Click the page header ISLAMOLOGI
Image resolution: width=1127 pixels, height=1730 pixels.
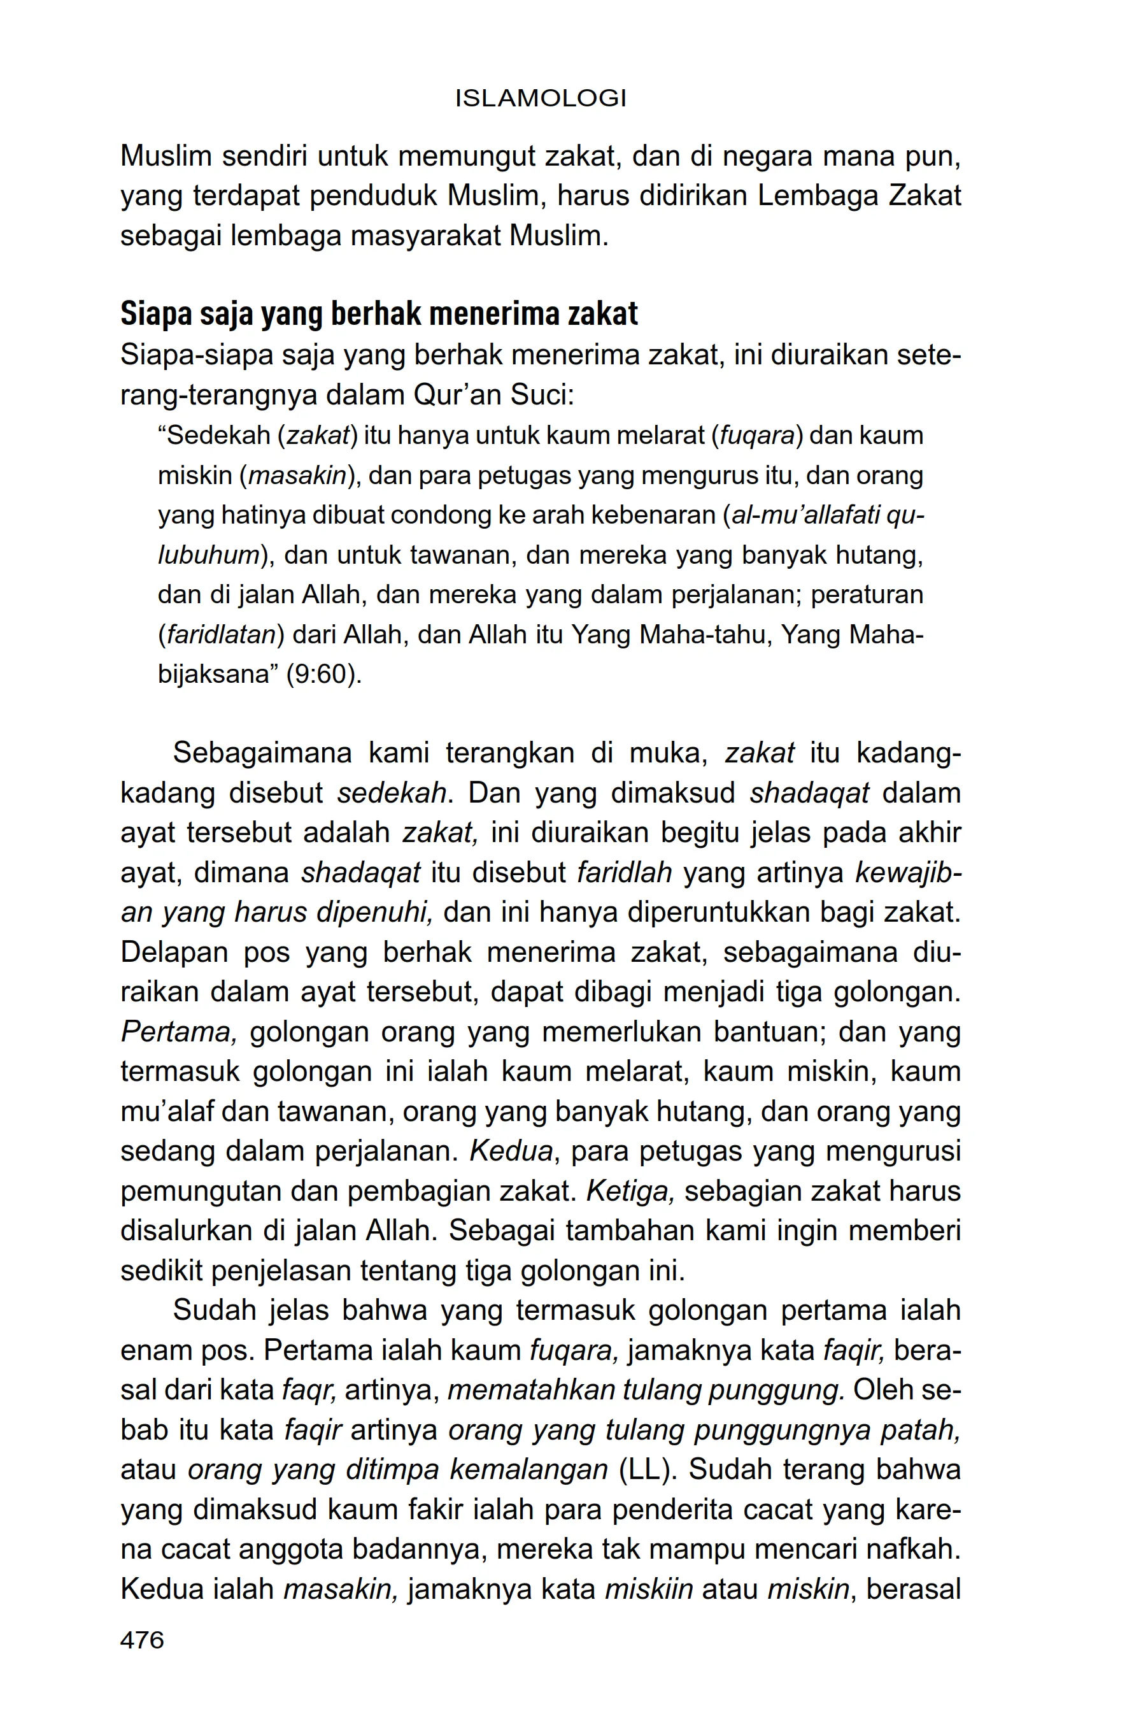[541, 98]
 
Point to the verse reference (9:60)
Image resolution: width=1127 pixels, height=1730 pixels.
[323, 675]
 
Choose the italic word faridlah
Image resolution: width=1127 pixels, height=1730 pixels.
[624, 872]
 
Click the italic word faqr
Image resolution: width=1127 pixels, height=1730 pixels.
[308, 1390]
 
